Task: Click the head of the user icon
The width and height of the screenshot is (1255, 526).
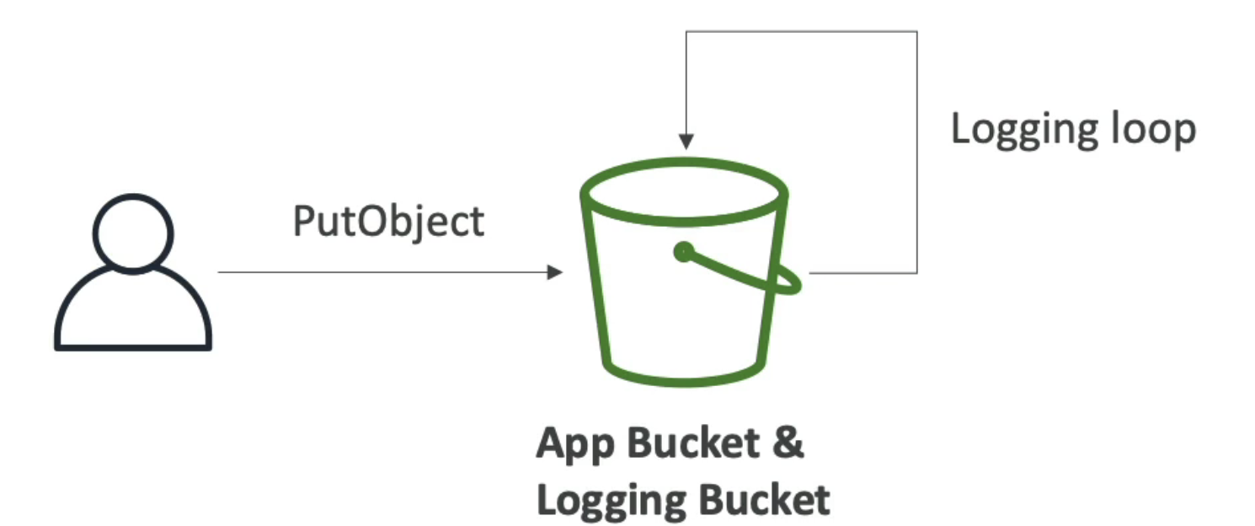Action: coord(133,233)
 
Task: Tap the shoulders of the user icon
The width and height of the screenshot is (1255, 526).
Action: coord(133,312)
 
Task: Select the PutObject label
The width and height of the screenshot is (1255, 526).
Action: coord(388,221)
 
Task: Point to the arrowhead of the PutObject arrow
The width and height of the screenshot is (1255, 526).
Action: coord(556,271)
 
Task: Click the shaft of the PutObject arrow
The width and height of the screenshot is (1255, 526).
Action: coord(379,271)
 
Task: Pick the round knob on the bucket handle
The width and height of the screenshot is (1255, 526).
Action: coord(684,252)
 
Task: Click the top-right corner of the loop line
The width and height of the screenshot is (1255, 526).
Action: coord(916,32)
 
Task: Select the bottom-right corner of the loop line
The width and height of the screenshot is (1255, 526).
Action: coord(916,272)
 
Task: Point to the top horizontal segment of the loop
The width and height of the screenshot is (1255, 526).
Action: coord(800,32)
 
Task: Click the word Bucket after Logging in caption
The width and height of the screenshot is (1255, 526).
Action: coord(764,499)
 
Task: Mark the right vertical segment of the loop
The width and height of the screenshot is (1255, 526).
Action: coord(916,152)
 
